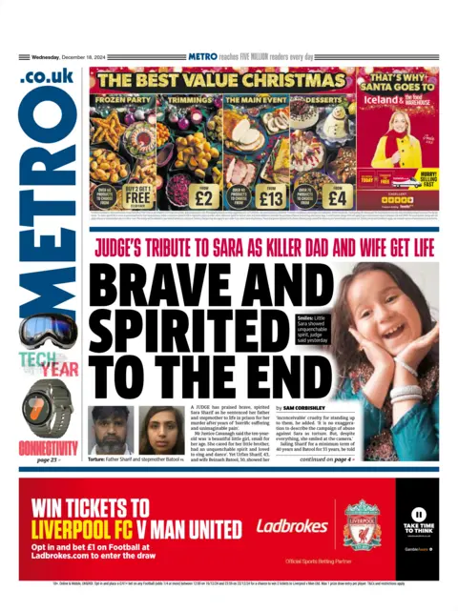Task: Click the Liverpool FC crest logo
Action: [362, 524]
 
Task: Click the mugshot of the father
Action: [112, 429]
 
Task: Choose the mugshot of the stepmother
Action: [161, 429]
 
